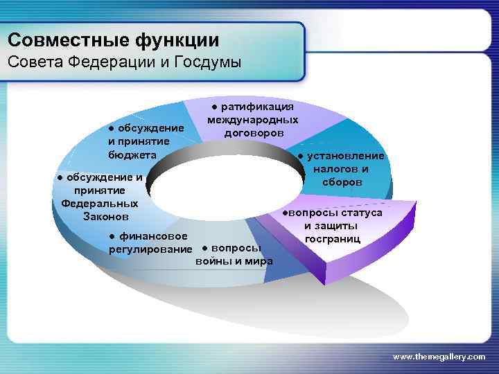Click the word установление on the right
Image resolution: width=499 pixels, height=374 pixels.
pos(344,156)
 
